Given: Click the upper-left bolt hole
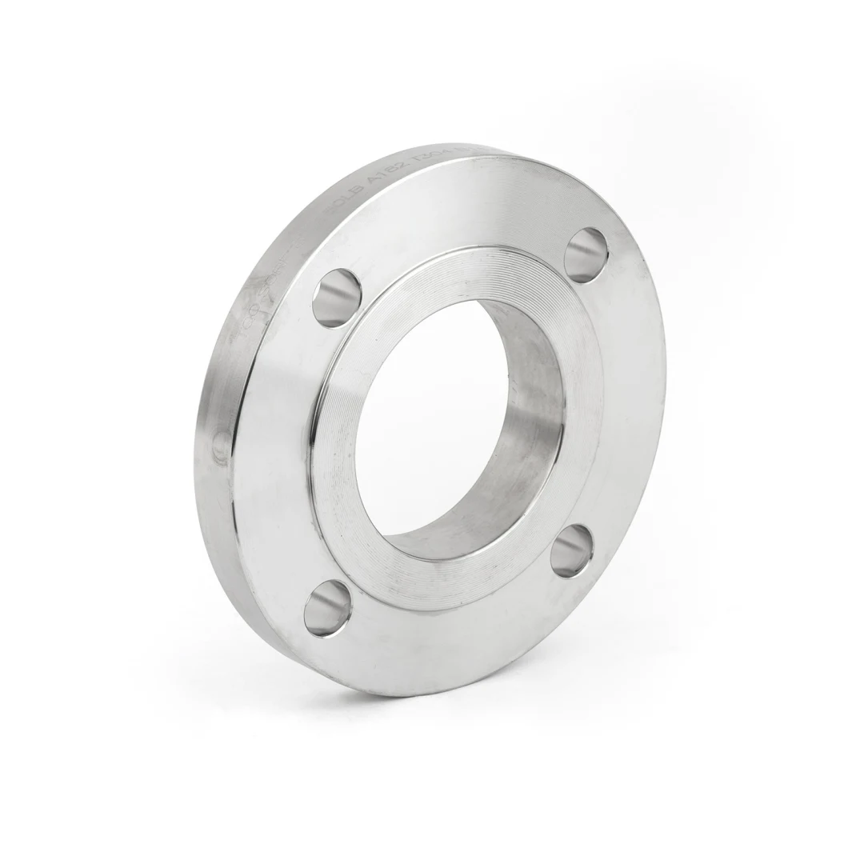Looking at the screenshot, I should point(336,298).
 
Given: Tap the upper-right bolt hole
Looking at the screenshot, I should point(586,254).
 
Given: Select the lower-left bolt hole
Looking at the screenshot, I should point(327,609).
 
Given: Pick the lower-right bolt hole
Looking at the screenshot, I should point(572,550).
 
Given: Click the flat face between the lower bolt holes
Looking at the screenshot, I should point(448,640).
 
